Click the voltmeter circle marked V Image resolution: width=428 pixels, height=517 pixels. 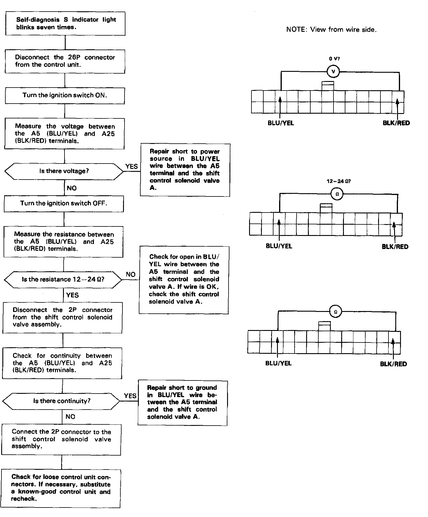pos(333,71)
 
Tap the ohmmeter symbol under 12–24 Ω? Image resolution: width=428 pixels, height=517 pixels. pos(337,194)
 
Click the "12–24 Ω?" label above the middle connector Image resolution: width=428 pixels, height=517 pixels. pos(339,181)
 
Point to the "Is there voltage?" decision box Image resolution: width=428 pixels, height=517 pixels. pos(64,171)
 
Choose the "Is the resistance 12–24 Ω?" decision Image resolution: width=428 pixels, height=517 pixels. pos(63,280)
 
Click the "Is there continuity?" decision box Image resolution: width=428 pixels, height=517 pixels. pos(62,401)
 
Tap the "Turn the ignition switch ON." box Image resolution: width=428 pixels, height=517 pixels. pos(65,96)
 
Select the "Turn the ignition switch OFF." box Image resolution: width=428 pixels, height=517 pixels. pos(64,204)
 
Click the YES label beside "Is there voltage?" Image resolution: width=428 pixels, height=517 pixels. pos(131,166)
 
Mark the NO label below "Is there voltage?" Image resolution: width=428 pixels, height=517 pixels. pos(72,188)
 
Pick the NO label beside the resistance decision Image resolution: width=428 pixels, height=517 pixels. pos(130,275)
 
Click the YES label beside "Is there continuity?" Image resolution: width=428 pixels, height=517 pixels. pos(130,396)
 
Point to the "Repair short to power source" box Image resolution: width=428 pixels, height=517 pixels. pos(185,170)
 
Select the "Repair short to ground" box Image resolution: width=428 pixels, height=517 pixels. pos(182,402)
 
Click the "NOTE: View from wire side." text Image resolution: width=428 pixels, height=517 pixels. pos(331,29)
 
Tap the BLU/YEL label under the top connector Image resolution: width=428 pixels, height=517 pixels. pos(281,123)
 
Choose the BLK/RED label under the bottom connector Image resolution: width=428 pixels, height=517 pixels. pos(393,364)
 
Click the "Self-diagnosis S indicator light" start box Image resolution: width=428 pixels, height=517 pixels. pos(65,23)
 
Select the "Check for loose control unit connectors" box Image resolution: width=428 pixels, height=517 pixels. pos(61,488)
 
